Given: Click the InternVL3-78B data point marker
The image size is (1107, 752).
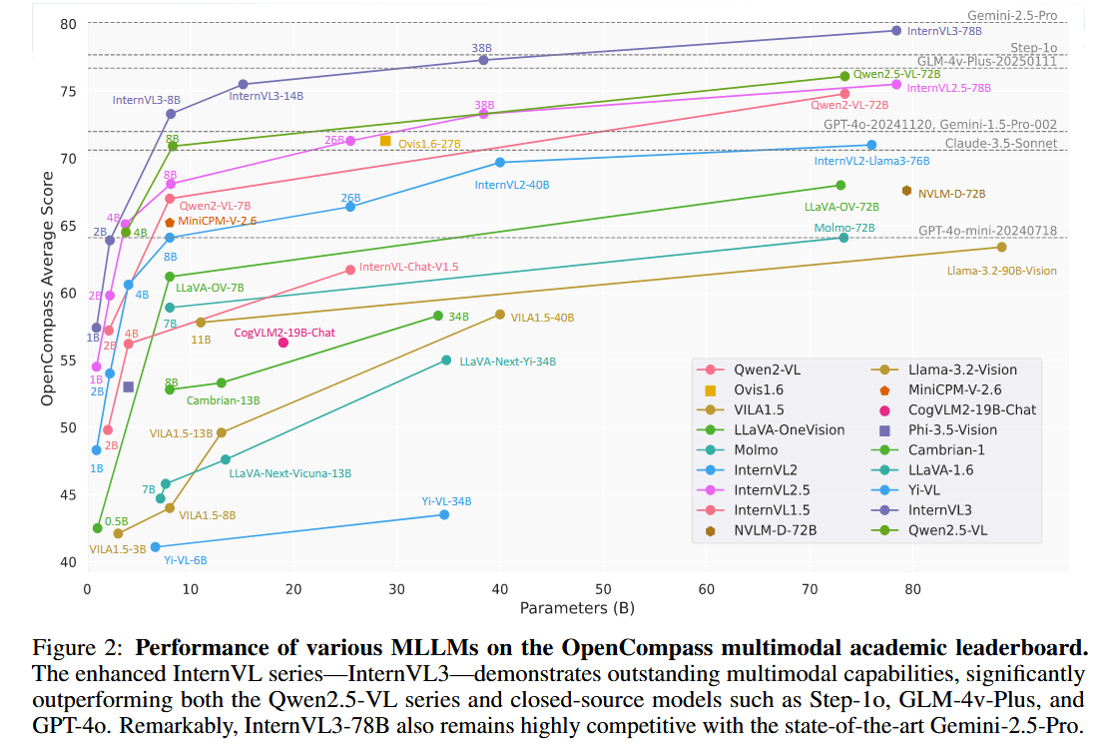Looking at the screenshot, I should click(x=895, y=31).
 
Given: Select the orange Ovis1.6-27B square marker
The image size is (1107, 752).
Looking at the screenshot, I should click(x=385, y=141).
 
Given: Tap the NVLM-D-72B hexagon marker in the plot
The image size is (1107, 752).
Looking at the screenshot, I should click(x=906, y=191).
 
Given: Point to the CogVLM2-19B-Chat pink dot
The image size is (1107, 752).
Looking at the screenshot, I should click(x=282, y=343).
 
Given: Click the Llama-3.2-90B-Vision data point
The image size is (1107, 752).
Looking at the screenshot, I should click(x=1001, y=247).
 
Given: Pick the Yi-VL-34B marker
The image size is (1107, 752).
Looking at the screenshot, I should click(x=444, y=514).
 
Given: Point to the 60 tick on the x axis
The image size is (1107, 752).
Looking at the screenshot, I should click(x=706, y=589).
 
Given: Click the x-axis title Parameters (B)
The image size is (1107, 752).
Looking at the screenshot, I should click(x=576, y=607).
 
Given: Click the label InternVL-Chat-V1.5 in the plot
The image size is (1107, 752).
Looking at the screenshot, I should click(x=408, y=267).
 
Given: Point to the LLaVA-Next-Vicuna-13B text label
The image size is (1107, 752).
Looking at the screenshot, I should click(x=290, y=473).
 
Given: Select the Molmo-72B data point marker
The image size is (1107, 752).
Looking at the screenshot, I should click(x=843, y=237).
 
